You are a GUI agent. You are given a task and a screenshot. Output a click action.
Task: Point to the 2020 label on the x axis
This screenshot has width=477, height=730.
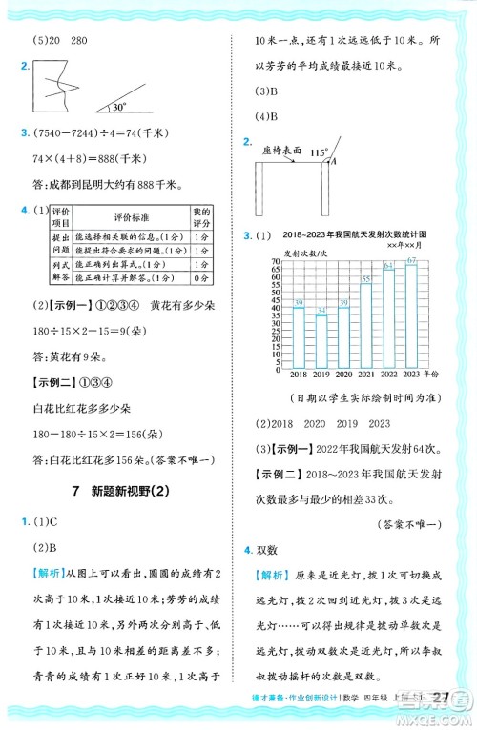click(343, 375)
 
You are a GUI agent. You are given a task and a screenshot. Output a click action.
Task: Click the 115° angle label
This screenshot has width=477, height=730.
click(319, 151)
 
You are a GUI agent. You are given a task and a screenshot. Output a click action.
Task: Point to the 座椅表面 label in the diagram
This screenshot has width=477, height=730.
click(280, 150)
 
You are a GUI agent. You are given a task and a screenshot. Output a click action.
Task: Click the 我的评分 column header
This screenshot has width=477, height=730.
click(200, 215)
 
